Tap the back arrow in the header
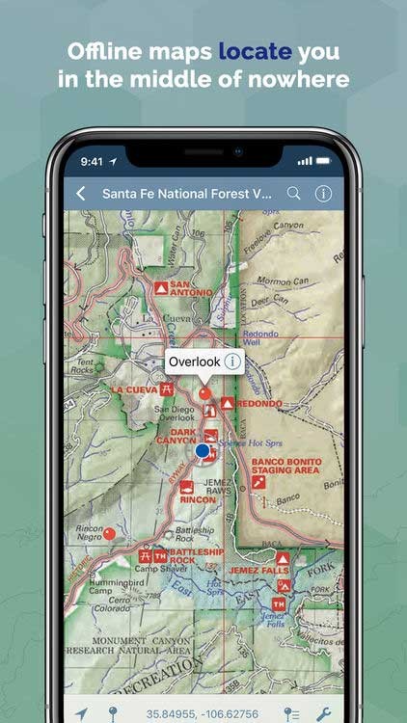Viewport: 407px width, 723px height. (x=81, y=194)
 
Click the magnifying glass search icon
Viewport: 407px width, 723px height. (x=294, y=194)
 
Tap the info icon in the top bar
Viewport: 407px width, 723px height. (x=323, y=194)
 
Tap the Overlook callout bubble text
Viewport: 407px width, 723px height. (x=194, y=361)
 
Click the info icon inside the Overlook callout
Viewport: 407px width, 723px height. (x=231, y=361)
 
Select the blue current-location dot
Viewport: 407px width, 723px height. (x=203, y=450)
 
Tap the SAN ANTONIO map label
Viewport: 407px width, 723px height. (x=189, y=286)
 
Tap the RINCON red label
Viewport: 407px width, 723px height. (x=198, y=499)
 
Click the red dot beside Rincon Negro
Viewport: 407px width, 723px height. (x=109, y=533)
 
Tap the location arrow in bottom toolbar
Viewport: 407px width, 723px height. (x=82, y=714)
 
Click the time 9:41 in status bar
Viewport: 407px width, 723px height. (x=92, y=161)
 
